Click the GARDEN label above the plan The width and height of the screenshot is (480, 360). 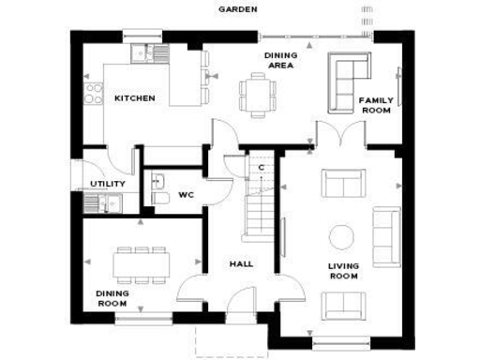238,8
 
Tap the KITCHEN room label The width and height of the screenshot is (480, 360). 135,98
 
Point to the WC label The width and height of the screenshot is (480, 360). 186,196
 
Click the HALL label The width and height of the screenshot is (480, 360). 241,264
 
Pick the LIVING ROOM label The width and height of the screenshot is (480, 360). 343,271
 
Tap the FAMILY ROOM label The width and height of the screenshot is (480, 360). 376,104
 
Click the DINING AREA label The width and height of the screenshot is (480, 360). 280,60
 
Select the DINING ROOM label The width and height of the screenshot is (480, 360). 112,298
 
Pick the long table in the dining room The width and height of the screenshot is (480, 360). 141,264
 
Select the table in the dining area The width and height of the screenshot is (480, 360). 256,95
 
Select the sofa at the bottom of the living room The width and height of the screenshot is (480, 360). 342,305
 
